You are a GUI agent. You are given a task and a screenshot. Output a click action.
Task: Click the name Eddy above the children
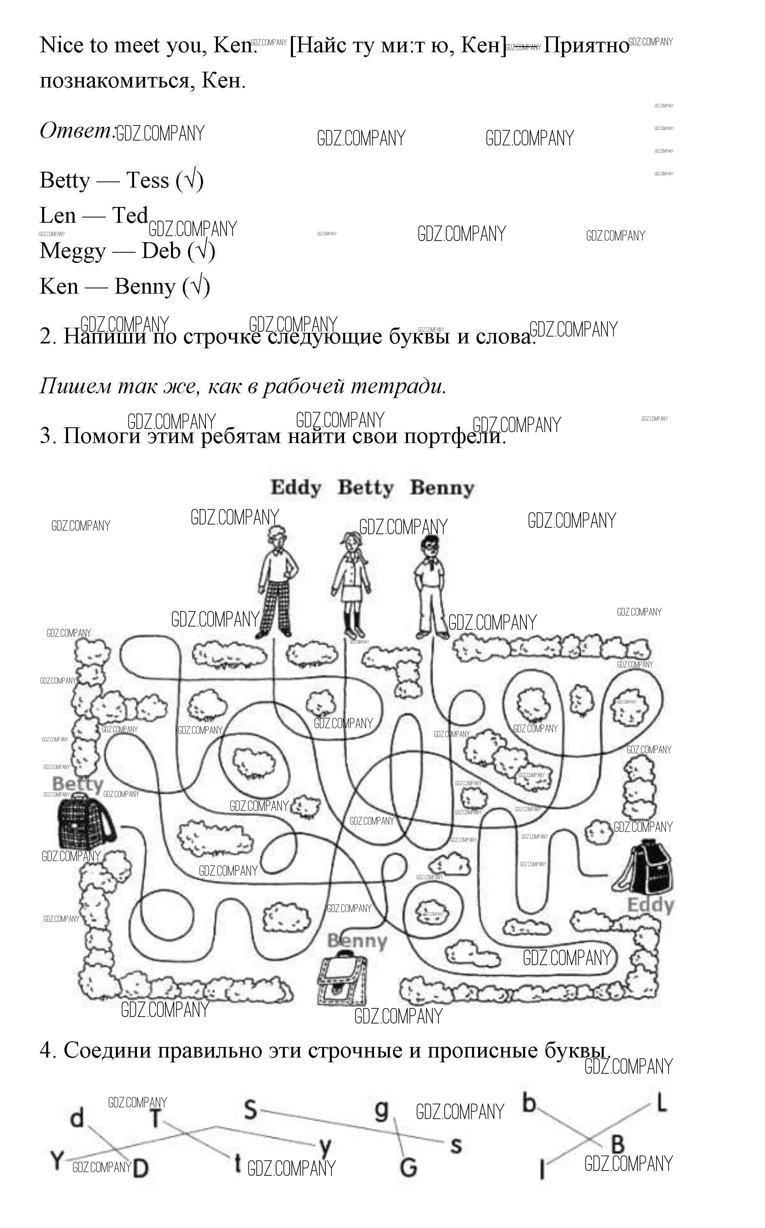(296, 488)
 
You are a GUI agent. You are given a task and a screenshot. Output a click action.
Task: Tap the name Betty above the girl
(365, 488)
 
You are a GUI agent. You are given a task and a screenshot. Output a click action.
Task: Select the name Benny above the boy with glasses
(442, 488)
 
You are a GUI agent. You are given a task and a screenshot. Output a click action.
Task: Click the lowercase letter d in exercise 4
(77, 1117)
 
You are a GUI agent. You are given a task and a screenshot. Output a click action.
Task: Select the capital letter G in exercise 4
(408, 1167)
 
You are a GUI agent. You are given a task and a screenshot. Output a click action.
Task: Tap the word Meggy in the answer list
(73, 251)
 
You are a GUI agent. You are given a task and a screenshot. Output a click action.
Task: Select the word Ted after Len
(130, 215)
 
